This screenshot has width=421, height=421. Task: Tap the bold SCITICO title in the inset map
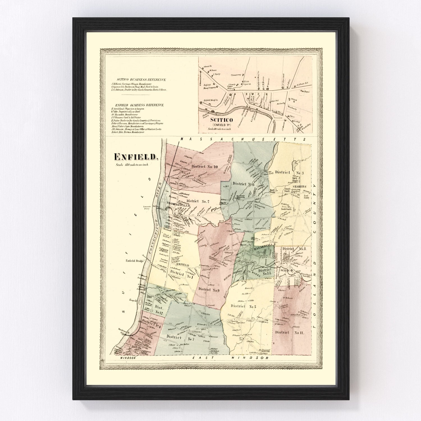click(221, 120)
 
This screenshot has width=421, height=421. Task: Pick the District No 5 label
click(243, 306)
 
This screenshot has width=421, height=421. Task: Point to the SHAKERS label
click(299, 186)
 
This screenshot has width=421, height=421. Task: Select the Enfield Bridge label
click(135, 261)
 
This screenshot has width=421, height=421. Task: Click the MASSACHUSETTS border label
click(243, 139)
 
